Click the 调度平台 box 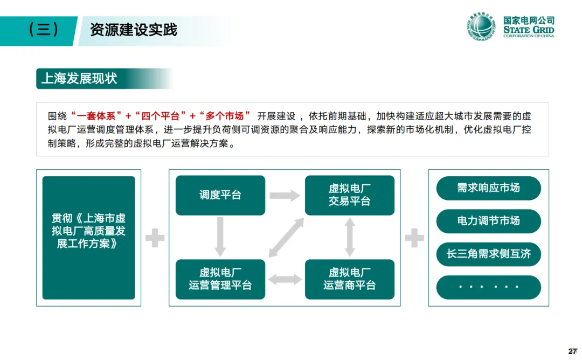click(x=220, y=195)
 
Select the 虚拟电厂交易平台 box click(x=350, y=195)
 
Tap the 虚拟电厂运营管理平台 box click(x=220, y=279)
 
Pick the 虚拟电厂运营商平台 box click(x=350, y=279)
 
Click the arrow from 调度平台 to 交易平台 click(x=285, y=195)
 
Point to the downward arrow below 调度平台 click(x=220, y=237)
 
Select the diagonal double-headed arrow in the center click(x=285, y=237)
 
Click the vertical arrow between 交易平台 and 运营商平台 click(x=350, y=237)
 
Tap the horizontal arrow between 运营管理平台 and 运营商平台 click(x=285, y=279)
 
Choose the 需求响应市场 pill click(x=488, y=188)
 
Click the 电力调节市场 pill click(x=488, y=221)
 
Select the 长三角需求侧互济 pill click(x=488, y=254)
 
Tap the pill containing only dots click(x=488, y=287)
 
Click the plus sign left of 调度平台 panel click(x=155, y=238)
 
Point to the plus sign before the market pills click(x=414, y=238)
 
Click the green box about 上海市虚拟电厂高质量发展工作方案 click(x=88, y=238)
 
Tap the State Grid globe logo click(x=480, y=27)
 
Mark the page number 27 click(x=573, y=351)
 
